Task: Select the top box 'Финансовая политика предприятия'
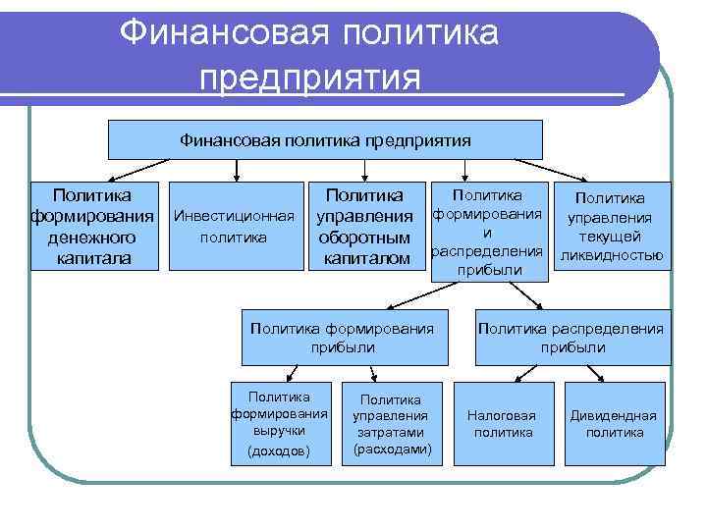324,139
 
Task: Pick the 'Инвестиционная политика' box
233,226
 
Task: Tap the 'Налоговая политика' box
502,423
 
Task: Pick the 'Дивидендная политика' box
614,423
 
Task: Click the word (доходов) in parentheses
279,450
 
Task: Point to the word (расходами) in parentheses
390,449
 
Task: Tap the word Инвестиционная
233,216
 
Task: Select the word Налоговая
502,414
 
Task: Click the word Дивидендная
614,414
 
